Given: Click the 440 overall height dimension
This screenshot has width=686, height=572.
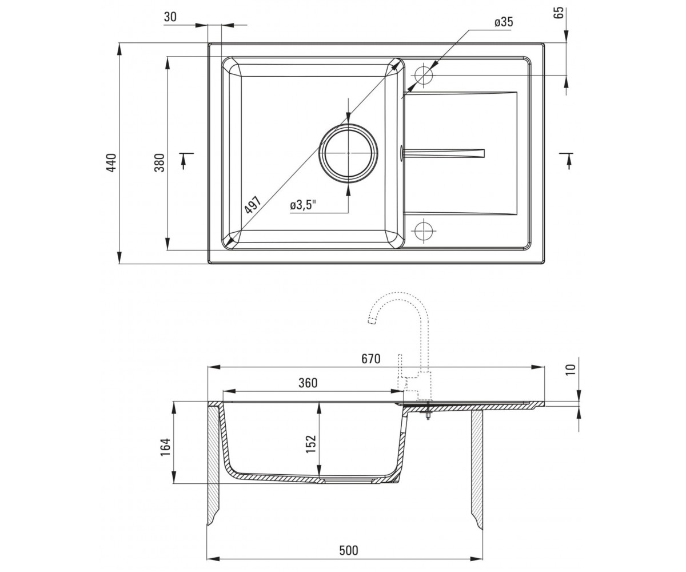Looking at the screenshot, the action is click(112, 162).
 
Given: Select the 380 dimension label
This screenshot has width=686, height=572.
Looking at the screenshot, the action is click(159, 162).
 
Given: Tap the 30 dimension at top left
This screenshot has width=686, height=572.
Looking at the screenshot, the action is click(170, 17).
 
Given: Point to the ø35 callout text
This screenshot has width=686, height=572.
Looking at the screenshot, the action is click(504, 22).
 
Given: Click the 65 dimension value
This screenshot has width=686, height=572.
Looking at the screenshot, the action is click(559, 13).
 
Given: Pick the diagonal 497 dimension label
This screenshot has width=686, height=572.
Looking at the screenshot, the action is click(253, 205).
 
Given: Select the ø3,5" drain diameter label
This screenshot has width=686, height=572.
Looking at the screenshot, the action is click(303, 205).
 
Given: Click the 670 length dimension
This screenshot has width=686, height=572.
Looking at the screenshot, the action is click(371, 359).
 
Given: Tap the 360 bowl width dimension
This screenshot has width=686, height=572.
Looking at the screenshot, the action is click(308, 383).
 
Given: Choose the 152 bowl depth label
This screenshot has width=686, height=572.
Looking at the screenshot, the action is click(310, 444).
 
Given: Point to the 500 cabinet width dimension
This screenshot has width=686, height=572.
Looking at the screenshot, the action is click(349, 550).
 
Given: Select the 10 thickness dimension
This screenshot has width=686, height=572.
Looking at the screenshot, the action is click(571, 370).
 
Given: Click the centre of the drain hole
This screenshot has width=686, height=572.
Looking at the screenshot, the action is click(348, 153).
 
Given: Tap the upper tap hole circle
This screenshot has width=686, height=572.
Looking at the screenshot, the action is click(424, 76).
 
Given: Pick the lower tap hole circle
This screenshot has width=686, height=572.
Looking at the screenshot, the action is click(424, 231).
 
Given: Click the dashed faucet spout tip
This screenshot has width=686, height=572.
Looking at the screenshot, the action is click(372, 321).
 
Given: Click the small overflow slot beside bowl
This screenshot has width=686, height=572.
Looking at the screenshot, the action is click(401, 153).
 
